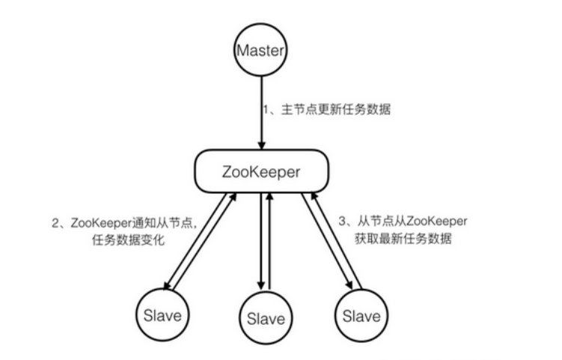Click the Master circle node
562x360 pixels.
[x=261, y=52]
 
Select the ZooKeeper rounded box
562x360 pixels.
[x=261, y=171]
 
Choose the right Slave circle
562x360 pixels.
[x=361, y=314]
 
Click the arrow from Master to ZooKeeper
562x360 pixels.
[x=261, y=112]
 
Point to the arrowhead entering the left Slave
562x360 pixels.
[x=168, y=285]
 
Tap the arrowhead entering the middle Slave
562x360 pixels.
[x=260, y=287]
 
